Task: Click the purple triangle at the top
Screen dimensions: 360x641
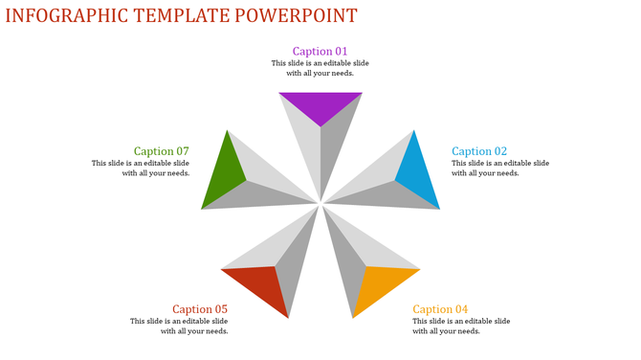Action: (x=320, y=104)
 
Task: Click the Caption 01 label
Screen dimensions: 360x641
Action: (x=320, y=52)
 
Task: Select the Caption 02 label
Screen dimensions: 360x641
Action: (x=479, y=151)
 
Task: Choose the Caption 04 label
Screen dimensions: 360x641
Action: (x=440, y=309)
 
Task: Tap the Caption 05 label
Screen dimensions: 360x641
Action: (x=200, y=309)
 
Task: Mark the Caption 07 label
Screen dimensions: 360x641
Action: (x=162, y=151)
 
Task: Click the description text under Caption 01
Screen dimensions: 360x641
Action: (x=320, y=68)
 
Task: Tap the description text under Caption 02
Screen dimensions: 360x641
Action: (x=500, y=169)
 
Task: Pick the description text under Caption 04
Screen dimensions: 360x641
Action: (x=461, y=326)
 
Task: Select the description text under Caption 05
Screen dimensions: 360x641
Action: (x=180, y=326)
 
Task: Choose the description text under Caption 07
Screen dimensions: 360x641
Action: (x=141, y=169)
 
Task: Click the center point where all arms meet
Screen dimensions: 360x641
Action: (x=320, y=203)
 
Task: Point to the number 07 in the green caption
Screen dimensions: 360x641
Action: (x=181, y=151)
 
